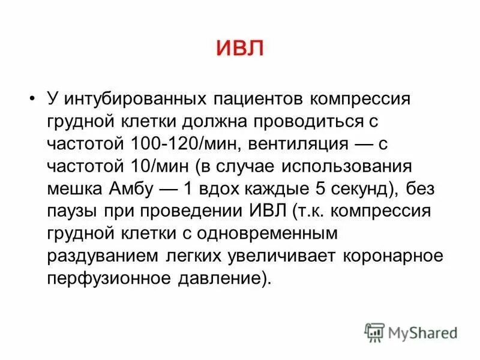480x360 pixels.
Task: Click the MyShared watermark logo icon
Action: (374, 331)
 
